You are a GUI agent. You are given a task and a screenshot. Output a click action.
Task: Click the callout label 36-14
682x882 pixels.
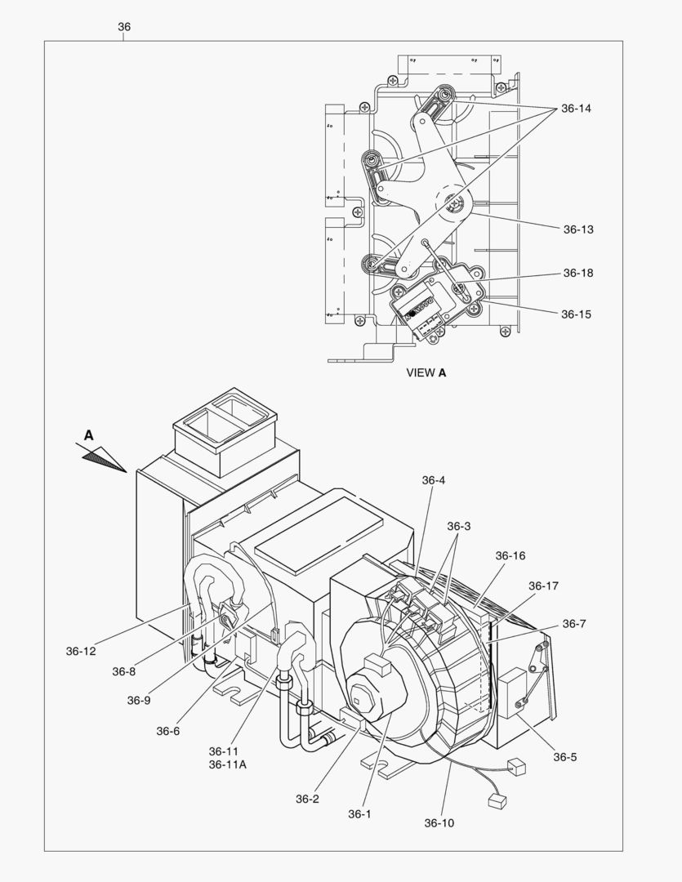point(576,108)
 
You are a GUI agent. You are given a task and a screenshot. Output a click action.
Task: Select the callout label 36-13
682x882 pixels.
point(577,229)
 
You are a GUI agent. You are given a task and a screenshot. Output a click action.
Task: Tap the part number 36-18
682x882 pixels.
point(577,274)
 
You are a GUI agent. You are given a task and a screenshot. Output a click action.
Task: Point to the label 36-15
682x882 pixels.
point(576,314)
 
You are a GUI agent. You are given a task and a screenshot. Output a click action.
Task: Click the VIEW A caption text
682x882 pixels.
point(426,372)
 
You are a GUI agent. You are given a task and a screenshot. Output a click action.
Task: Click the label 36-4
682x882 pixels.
point(434,480)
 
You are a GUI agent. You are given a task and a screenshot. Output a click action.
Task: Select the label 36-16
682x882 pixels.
point(510,556)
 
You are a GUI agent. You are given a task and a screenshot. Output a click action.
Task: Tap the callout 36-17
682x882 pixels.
point(543,586)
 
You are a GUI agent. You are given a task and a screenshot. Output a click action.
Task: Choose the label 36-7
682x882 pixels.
point(574,624)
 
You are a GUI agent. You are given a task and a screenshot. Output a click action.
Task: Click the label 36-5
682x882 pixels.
point(564,757)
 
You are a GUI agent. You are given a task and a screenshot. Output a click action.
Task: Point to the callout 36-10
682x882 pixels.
point(439,822)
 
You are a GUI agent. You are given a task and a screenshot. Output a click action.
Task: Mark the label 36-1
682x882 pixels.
point(359,813)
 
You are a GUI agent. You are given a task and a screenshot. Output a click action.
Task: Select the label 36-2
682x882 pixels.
point(307,799)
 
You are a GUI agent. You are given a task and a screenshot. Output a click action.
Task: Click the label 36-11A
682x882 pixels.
point(227,764)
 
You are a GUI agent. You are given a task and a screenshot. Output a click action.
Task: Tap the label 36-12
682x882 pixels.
point(82,651)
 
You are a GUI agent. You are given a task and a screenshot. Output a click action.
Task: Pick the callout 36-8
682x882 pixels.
point(124,671)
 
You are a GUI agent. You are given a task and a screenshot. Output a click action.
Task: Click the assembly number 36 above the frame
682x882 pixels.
point(124,27)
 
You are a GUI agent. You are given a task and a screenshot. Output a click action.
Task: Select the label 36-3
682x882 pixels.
point(459,527)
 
